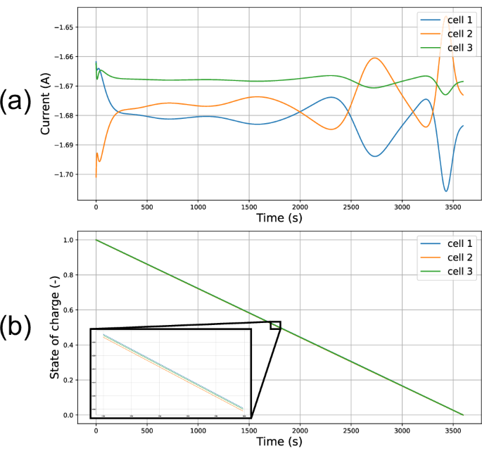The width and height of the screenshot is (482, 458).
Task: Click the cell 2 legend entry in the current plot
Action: pyautogui.click(x=443, y=34)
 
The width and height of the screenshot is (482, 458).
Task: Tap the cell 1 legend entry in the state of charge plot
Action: pyautogui.click(x=443, y=244)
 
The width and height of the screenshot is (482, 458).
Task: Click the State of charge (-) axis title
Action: pyautogui.click(x=54, y=328)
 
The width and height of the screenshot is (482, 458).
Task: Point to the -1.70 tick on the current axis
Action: pyautogui.click(x=63, y=174)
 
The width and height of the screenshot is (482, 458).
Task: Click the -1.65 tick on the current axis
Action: pyautogui.click(x=63, y=27)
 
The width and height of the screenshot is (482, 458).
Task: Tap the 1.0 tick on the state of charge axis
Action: pyautogui.click(x=69, y=240)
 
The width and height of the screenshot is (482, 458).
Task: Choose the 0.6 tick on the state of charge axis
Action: pyautogui.click(x=69, y=310)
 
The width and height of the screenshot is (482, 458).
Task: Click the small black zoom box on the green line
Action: pyautogui.click(x=275, y=325)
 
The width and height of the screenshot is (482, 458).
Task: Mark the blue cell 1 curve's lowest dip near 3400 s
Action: pyautogui.click(x=446, y=191)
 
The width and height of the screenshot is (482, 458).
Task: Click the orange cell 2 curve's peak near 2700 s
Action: pyautogui.click(x=375, y=58)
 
